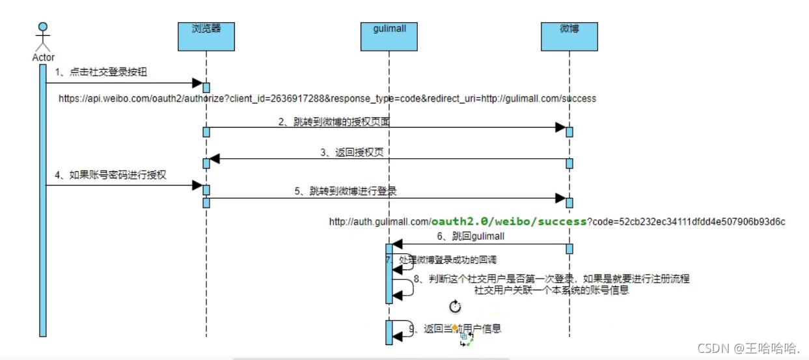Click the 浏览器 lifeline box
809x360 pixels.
click(206, 36)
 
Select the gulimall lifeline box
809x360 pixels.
click(389, 36)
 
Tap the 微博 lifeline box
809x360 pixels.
click(569, 36)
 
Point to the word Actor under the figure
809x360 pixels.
click(43, 58)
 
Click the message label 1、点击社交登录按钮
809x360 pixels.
click(101, 72)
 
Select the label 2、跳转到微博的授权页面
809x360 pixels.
click(334, 122)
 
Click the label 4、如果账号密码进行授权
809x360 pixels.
click(111, 175)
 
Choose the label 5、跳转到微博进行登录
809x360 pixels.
click(346, 191)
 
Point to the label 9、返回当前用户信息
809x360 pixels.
click(455, 329)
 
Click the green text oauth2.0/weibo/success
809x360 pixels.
click(509, 221)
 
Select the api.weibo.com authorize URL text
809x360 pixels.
click(327, 99)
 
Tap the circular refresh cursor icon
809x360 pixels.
click(455, 306)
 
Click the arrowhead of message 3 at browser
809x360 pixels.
click(215, 158)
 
